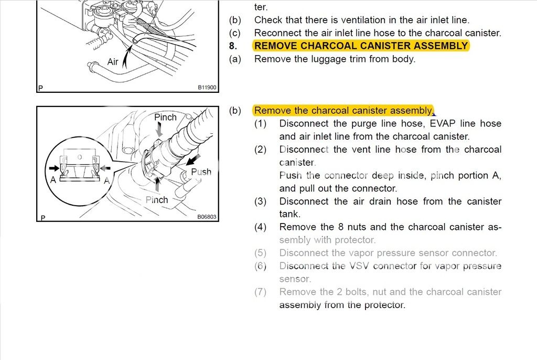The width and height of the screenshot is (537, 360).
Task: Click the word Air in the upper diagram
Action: [x=113, y=62]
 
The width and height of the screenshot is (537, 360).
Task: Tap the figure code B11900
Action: [x=207, y=88]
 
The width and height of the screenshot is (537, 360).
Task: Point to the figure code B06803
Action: [x=207, y=216]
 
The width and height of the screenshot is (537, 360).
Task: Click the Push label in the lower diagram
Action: [x=201, y=172]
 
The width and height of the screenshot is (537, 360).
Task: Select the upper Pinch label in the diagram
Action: [x=165, y=117]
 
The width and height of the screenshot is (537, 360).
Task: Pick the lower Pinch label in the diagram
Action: [x=157, y=200]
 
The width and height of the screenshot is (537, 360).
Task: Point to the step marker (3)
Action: [x=261, y=202]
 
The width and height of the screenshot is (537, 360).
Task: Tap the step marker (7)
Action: [x=261, y=292]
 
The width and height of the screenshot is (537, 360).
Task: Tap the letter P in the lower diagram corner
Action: [x=42, y=217]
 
